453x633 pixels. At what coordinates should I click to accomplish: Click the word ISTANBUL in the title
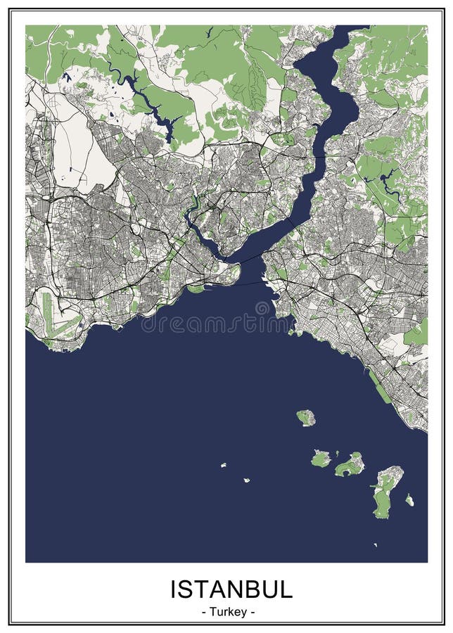[x=231, y=589]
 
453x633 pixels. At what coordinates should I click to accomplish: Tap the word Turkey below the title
[x=228, y=612]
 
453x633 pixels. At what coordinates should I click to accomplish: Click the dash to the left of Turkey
[x=203, y=612]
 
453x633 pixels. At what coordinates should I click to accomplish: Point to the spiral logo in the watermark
[x=263, y=308]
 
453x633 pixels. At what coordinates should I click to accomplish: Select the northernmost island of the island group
[x=306, y=418]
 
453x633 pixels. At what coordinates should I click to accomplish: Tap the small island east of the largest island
[x=409, y=500]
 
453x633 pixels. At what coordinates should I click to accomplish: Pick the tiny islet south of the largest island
[x=375, y=544]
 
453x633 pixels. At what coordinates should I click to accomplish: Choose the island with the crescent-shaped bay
[x=350, y=465]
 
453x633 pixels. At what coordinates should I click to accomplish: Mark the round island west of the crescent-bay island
[x=321, y=459]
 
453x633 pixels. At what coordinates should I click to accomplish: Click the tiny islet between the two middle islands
[x=336, y=454]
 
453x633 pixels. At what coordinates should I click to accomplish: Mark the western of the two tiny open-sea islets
[x=223, y=465]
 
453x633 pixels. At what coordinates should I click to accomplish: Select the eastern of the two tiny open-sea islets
[x=247, y=480]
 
